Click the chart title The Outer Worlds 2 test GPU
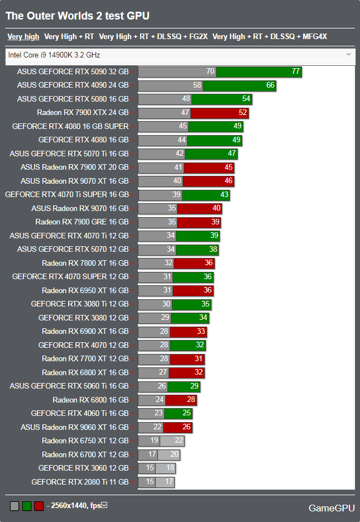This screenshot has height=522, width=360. point(78,16)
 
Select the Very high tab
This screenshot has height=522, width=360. point(23,37)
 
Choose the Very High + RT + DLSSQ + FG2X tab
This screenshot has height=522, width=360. point(153,37)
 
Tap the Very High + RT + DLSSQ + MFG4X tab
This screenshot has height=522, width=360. point(270,37)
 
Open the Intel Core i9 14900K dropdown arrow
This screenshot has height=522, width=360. point(348,54)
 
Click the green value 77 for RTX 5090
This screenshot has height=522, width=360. point(296,71)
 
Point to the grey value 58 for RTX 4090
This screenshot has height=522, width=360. point(197,85)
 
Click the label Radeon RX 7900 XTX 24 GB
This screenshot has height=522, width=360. point(83,112)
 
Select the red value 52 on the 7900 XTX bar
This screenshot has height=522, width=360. point(243,113)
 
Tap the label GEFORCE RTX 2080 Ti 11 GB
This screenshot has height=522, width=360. point(80,482)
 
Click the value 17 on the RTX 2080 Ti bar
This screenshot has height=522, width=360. point(169,482)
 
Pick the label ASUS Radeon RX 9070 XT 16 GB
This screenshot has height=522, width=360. point(74,181)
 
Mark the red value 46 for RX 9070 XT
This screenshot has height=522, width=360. point(229,181)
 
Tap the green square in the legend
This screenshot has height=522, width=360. point(27,506)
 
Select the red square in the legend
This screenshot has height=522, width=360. point(39,506)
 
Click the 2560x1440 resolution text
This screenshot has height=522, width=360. point(66,506)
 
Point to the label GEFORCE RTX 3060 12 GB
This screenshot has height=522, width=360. point(83,468)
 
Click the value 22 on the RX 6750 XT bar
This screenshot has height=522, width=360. point(179,441)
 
